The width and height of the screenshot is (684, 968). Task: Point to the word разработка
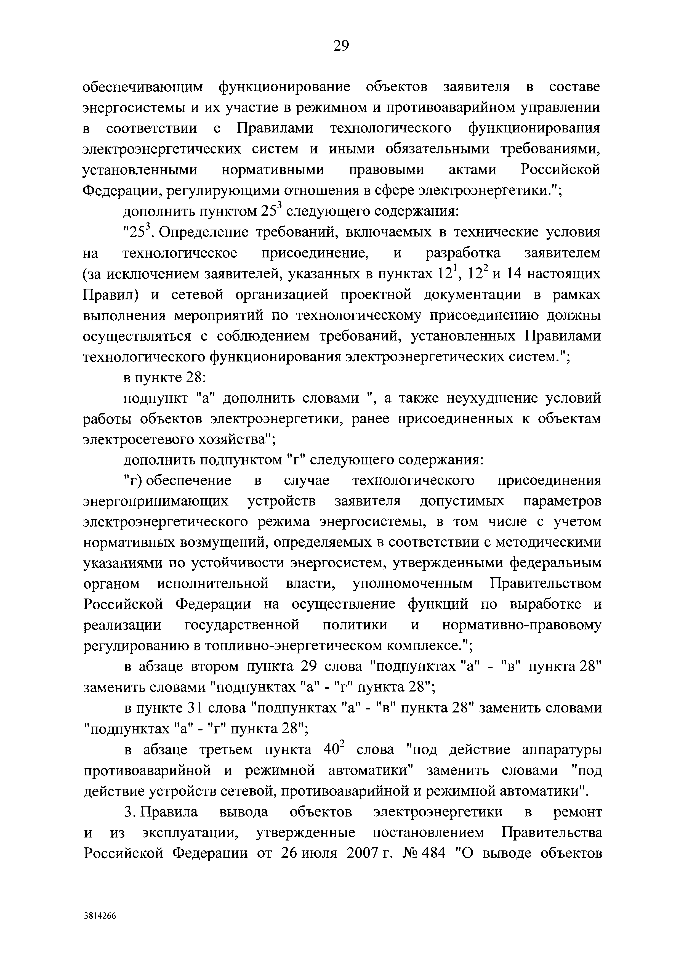[463, 253]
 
